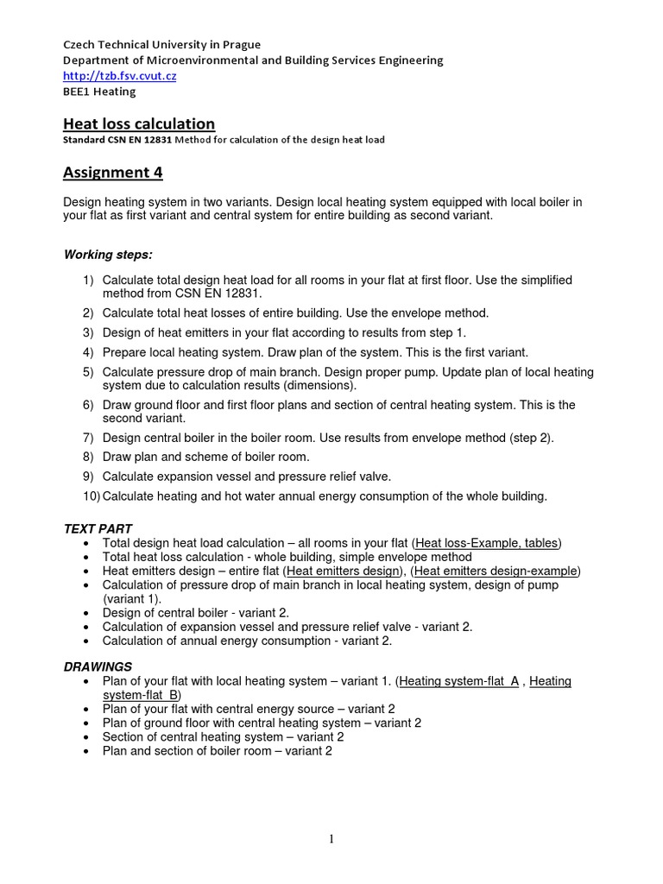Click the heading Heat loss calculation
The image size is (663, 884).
[x=139, y=124]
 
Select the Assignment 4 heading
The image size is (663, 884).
[x=113, y=173]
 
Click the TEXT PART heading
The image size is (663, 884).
[x=98, y=528]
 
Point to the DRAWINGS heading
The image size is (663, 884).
[x=98, y=666]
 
